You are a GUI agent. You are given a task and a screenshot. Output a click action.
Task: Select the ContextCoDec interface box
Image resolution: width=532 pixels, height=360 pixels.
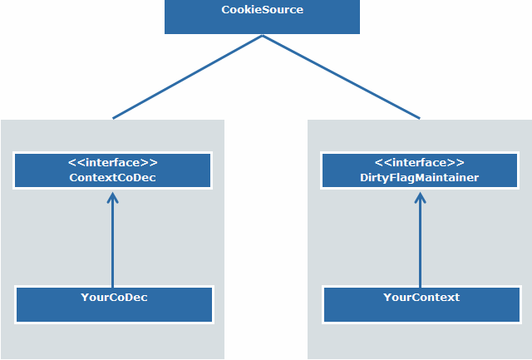click(113, 170)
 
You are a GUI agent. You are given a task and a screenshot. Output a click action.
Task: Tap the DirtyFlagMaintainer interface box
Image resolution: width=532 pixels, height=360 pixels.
click(420, 170)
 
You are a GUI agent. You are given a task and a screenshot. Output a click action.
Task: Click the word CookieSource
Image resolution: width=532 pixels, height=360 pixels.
click(262, 10)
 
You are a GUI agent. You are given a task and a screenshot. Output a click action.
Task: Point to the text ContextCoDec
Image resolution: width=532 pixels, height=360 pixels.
click(113, 177)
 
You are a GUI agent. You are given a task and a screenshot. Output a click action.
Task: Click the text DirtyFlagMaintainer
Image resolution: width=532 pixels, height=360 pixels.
click(421, 177)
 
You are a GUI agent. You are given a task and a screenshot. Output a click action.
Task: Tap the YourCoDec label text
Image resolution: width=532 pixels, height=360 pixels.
click(114, 297)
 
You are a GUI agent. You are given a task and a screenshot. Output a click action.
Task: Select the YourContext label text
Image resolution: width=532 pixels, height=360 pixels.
click(421, 297)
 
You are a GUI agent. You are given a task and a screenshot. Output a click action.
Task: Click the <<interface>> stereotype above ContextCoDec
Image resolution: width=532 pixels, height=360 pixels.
click(113, 163)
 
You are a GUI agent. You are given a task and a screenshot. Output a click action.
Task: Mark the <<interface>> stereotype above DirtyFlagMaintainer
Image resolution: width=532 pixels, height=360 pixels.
click(420, 163)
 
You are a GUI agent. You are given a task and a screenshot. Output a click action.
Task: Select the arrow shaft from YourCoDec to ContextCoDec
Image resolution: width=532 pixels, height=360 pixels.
click(113, 245)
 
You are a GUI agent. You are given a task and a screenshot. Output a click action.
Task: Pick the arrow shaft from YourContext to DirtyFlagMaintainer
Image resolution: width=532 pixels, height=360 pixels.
click(420, 245)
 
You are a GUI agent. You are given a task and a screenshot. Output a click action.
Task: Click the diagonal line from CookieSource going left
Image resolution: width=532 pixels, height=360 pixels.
click(187, 77)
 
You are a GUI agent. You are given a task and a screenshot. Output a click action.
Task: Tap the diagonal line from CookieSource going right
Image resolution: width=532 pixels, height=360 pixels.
click(341, 77)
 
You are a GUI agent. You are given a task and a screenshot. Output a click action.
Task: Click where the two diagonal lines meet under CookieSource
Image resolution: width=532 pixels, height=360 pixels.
click(263, 36)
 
